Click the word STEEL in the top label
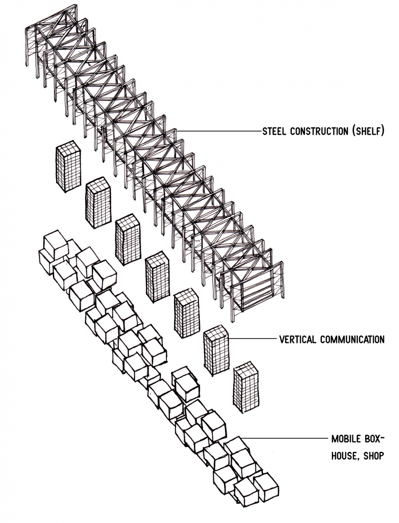click(x=274, y=131)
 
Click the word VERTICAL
click(x=298, y=338)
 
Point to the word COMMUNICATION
click(x=352, y=338)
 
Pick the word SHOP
click(x=375, y=456)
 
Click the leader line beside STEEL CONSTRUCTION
click(x=218, y=131)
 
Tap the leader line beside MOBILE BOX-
click(x=286, y=439)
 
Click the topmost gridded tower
click(x=68, y=168)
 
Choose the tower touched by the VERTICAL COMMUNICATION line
click(x=216, y=351)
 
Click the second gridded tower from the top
click(x=98, y=203)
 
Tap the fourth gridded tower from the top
click(x=158, y=277)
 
